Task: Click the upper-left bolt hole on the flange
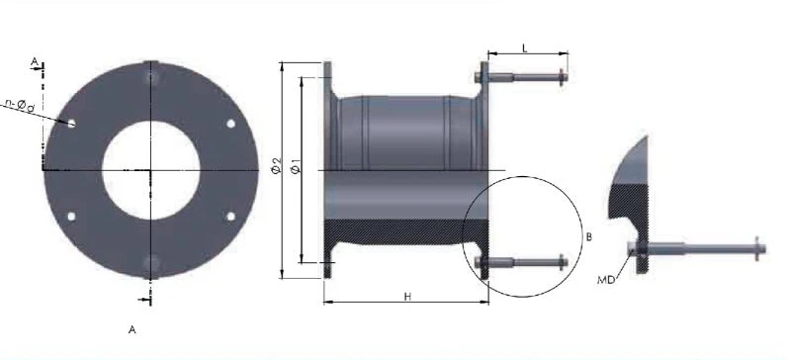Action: coord(71,123)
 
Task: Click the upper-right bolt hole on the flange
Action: coord(231,123)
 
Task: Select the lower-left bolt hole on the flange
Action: coord(71,217)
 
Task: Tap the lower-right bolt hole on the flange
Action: coord(231,217)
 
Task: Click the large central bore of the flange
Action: coord(151,170)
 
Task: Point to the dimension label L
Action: coord(524,48)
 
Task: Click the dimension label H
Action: coord(407,297)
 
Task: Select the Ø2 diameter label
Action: coord(277,166)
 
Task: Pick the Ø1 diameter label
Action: coord(297,166)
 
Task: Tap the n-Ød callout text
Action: coord(20,105)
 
